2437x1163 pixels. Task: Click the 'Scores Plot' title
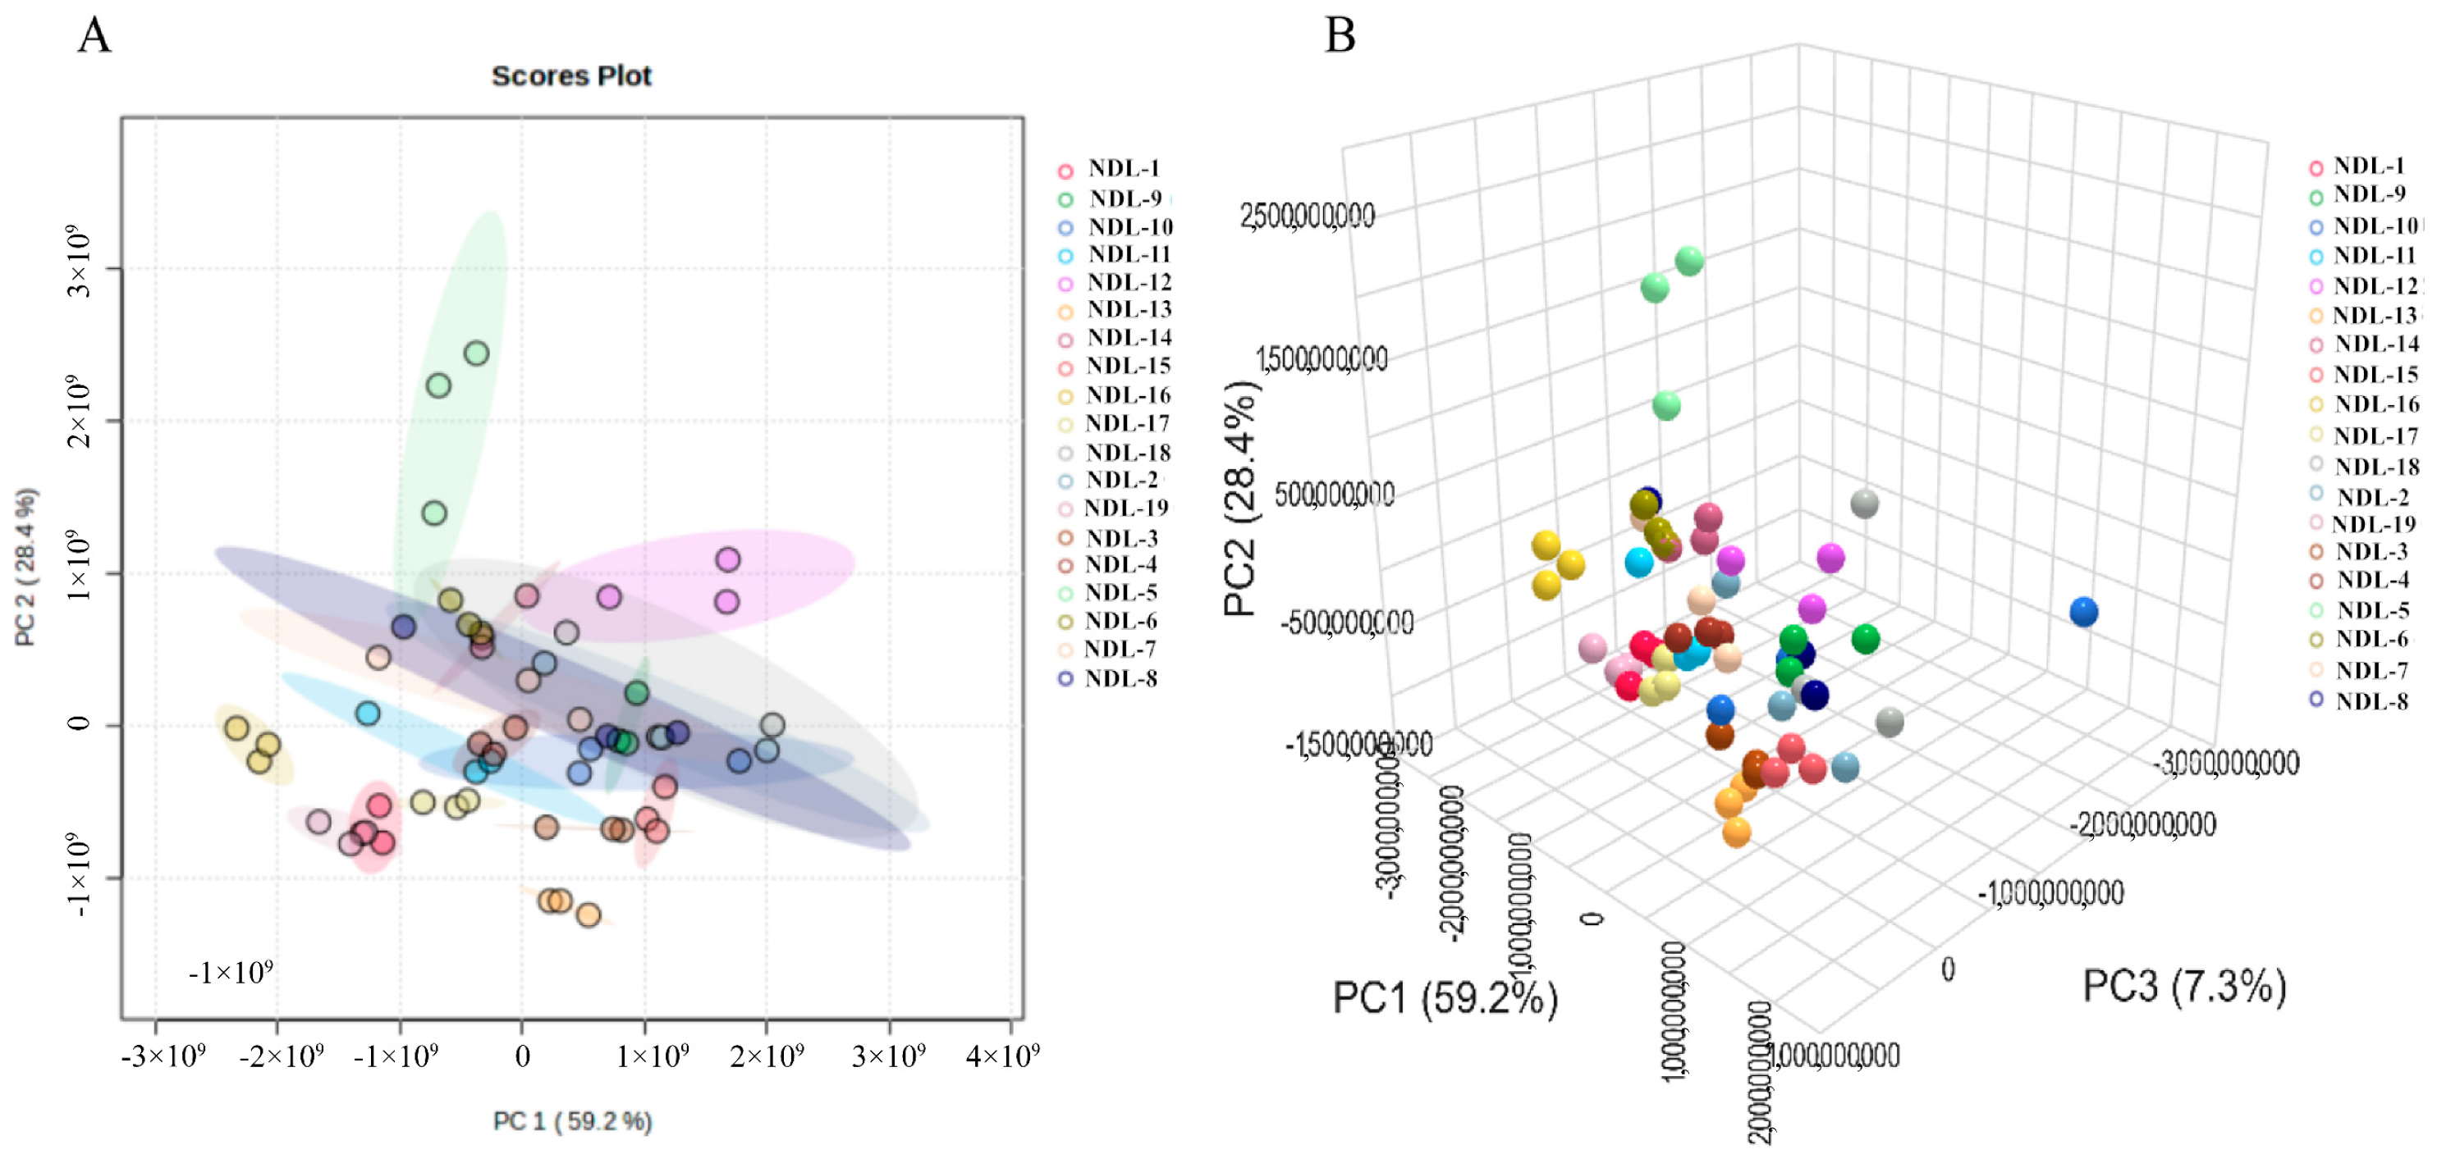pyautogui.click(x=571, y=75)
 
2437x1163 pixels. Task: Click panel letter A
pyautogui.click(x=94, y=36)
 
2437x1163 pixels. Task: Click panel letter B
pyautogui.click(x=1340, y=36)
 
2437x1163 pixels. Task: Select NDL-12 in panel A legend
pyautogui.click(x=1129, y=282)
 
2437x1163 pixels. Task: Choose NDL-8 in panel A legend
pyautogui.click(x=1121, y=678)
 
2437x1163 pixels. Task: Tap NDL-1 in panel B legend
pyautogui.click(x=2368, y=166)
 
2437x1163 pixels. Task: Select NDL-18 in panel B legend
pyautogui.click(x=2375, y=466)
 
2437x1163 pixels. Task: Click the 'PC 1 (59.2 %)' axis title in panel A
pyautogui.click(x=572, y=1121)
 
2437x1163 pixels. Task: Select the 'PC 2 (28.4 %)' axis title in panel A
pyautogui.click(x=25, y=568)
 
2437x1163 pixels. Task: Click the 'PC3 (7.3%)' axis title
pyautogui.click(x=2184, y=986)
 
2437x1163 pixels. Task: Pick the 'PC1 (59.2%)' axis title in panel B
pyautogui.click(x=1445, y=997)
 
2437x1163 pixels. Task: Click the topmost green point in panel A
pyautogui.click(x=477, y=353)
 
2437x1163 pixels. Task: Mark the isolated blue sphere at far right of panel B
pyautogui.click(x=2083, y=613)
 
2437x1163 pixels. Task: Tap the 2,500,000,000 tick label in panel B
pyautogui.click(x=1307, y=217)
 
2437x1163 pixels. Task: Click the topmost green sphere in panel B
pyautogui.click(x=1688, y=261)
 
